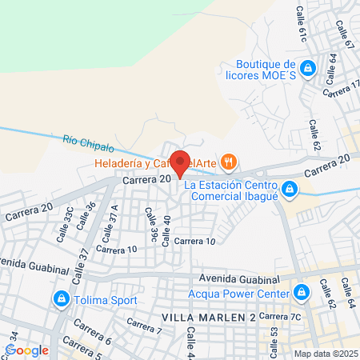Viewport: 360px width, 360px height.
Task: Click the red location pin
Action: click(180, 163)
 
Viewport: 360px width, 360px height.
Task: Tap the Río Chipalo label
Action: click(88, 143)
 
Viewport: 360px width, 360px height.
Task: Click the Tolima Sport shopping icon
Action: click(60, 300)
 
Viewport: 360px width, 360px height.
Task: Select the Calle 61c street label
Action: click(302, 23)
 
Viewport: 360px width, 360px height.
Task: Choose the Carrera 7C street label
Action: click(284, 317)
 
